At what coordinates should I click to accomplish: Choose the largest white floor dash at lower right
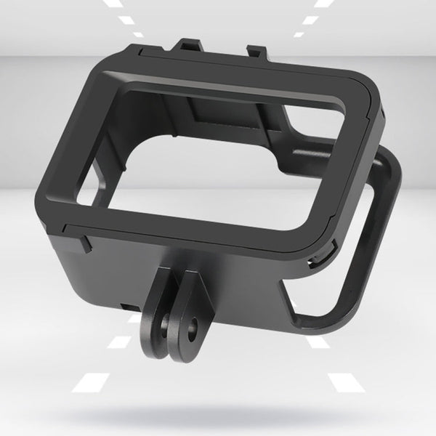click(x=344, y=379)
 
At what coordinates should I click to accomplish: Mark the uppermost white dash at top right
click(x=320, y=4)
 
